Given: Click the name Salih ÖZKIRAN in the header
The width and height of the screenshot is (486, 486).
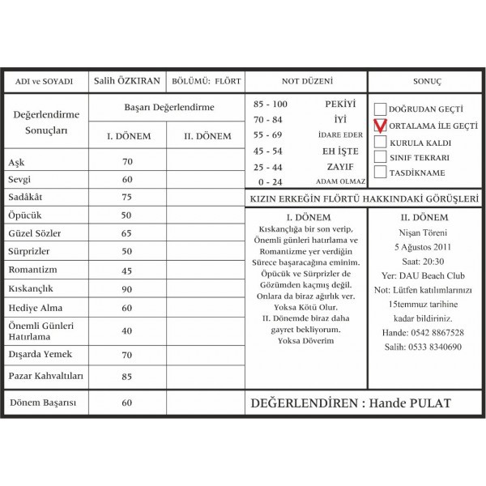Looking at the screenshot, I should (126, 81).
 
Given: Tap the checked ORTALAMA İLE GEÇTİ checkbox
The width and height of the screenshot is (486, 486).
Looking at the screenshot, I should (380, 126).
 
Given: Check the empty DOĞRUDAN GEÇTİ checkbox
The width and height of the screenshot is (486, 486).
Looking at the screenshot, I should (380, 109).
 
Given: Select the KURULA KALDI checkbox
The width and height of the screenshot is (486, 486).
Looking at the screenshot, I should (380, 142).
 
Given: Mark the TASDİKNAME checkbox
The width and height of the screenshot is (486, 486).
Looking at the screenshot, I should (380, 173).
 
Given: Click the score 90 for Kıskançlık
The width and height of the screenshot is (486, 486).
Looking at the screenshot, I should (126, 289).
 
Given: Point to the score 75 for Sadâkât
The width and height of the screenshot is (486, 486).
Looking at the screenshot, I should (126, 197).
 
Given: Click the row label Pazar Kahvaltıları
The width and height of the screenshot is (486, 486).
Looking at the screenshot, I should (45, 377).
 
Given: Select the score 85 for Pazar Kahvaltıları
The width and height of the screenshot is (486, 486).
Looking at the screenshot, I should (126, 377).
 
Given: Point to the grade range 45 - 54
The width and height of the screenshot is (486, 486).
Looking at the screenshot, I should (268, 151).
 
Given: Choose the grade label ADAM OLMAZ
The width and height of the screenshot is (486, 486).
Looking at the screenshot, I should (340, 182).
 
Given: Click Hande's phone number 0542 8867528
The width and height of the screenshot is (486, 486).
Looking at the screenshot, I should (423, 333).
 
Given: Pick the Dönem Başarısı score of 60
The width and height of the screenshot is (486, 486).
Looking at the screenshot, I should (126, 403).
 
